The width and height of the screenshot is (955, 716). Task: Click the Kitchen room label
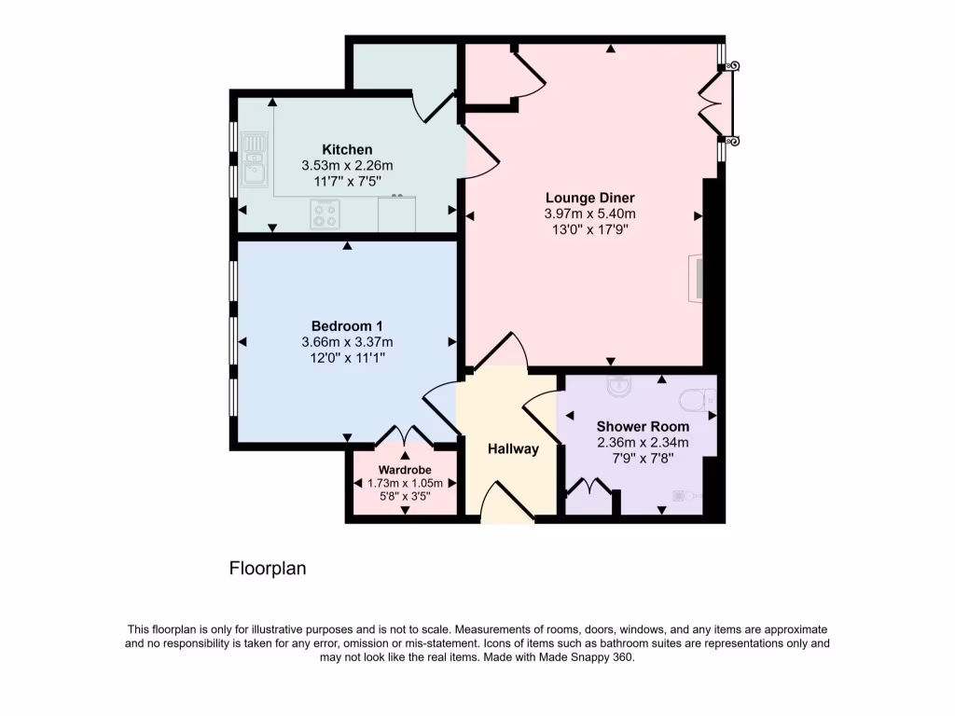(347, 150)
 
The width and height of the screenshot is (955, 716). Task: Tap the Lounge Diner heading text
(589, 198)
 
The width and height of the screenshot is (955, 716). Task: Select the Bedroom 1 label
(347, 325)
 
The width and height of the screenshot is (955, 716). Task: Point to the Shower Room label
(644, 427)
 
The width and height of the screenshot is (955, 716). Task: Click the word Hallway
(513, 449)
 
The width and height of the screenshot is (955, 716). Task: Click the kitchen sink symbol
(254, 159)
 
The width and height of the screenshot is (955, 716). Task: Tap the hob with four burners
(325, 215)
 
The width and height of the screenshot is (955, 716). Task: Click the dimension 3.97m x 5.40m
(589, 213)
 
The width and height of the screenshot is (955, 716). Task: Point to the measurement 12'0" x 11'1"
(347, 356)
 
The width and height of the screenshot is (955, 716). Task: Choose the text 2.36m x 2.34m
(644, 443)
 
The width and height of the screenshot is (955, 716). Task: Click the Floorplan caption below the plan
(268, 568)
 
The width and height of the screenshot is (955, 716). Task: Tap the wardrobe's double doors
(404, 436)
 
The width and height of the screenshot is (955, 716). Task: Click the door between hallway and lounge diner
(502, 352)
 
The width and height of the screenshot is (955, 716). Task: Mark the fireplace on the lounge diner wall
(696, 278)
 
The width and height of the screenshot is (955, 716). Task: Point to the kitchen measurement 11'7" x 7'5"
(347, 181)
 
